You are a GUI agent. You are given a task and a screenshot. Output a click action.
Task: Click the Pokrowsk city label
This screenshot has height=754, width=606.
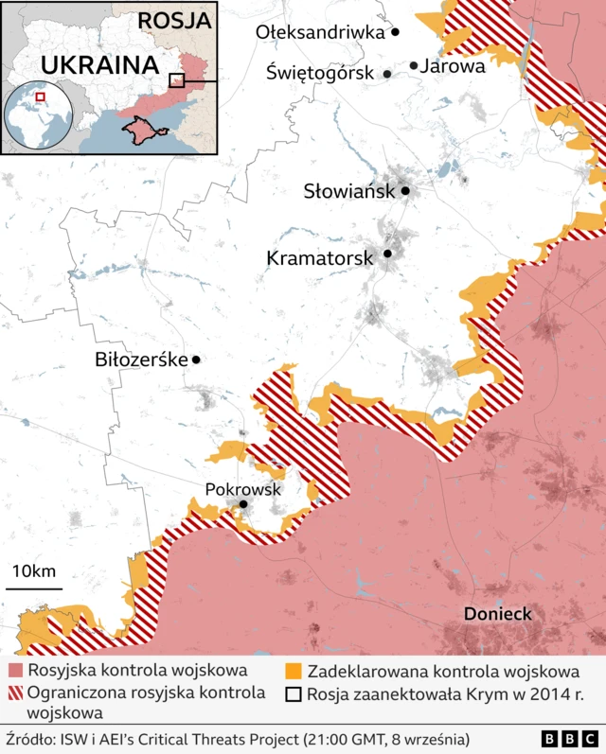[x=242, y=489]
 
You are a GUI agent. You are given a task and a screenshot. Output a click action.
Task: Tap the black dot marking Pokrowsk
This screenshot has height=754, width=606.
[x=243, y=505]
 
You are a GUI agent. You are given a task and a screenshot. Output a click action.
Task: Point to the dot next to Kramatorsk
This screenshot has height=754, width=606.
[x=387, y=254]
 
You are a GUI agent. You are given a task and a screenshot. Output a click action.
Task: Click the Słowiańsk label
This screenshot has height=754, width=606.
[x=348, y=191]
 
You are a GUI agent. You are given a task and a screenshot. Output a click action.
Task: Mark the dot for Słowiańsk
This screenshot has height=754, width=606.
[x=405, y=191]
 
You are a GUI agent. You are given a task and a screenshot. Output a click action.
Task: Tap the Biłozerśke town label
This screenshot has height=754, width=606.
[x=141, y=359]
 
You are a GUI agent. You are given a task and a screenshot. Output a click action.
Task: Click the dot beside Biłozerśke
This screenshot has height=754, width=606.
[x=196, y=359]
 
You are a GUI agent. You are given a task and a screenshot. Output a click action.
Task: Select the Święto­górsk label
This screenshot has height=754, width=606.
[x=321, y=72]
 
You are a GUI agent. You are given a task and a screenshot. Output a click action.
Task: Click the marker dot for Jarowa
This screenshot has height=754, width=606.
[x=414, y=65]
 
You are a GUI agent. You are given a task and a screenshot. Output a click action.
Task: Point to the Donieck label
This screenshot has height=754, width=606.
[x=497, y=614]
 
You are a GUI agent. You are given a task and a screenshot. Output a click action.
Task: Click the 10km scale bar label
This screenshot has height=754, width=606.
[x=34, y=570]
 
